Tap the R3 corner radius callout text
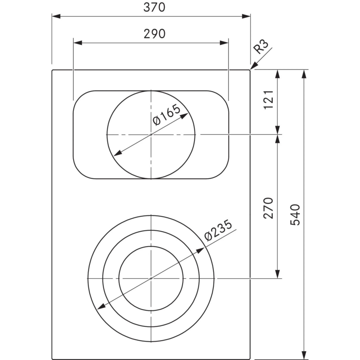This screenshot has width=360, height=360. pos(262,47)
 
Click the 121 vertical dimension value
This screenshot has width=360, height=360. pos(269,99)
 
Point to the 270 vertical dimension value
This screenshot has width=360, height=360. pos(269,208)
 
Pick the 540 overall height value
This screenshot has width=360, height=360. pos(295,215)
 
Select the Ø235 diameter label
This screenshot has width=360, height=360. pos(218,230)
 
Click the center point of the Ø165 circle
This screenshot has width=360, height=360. pos(151,134)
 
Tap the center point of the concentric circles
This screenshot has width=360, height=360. pos(151,278)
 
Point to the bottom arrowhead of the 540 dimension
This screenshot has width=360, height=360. pos(304,355)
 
